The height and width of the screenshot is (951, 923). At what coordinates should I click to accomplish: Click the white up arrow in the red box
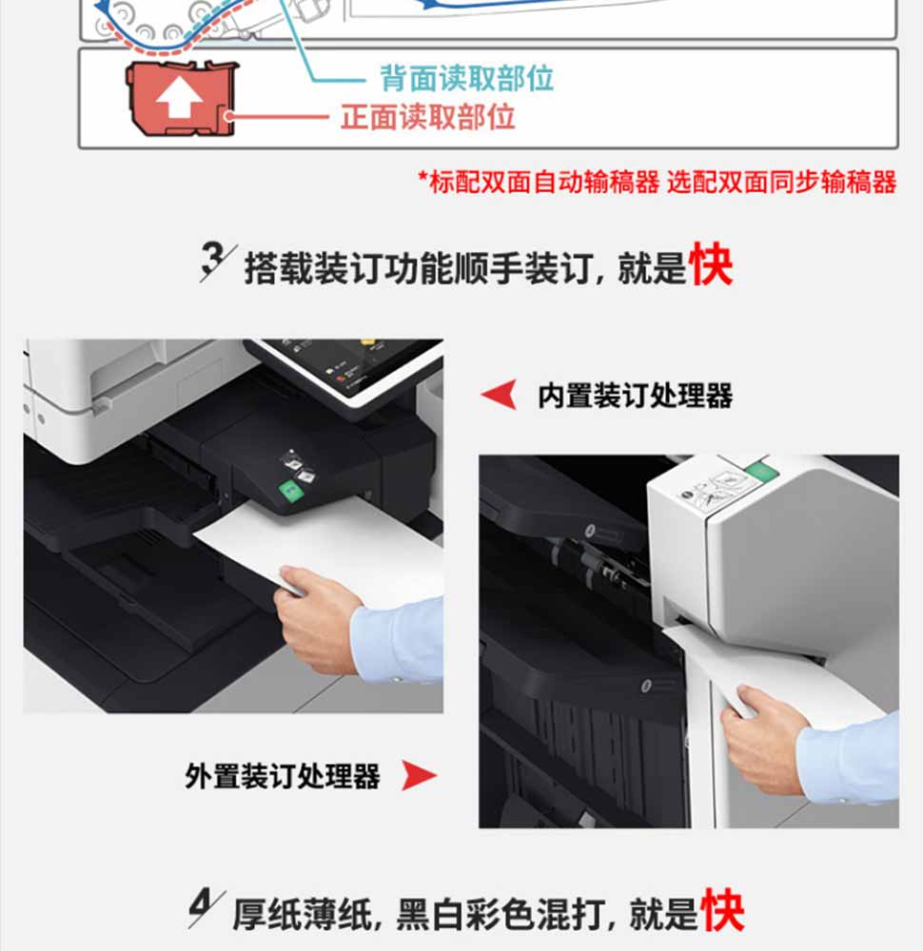point(179,98)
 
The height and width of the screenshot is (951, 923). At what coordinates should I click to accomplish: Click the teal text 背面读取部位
point(466,79)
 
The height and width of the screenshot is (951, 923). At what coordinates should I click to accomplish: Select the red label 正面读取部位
point(428,116)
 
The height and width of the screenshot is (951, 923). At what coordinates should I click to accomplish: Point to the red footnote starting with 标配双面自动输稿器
point(658,182)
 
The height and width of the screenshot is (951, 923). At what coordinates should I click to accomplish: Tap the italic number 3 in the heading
point(213,262)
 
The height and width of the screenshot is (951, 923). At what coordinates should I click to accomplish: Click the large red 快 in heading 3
point(711,263)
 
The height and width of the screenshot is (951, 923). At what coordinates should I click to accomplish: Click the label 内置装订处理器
point(636,396)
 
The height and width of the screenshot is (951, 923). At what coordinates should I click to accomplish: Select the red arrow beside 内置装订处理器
point(500,395)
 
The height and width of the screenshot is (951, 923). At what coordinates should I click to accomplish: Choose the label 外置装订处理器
point(283,776)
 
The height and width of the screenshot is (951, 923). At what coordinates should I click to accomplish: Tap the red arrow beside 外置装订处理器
point(419,775)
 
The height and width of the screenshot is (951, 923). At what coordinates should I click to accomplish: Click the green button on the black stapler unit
point(290,490)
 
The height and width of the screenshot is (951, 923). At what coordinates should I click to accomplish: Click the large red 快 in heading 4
point(722,910)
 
